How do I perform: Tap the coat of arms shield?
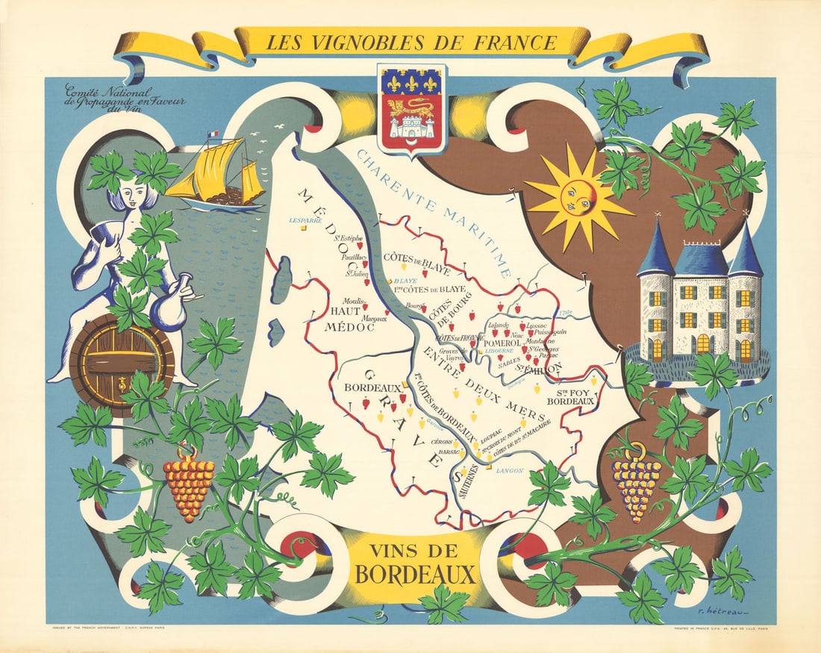[412, 108]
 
